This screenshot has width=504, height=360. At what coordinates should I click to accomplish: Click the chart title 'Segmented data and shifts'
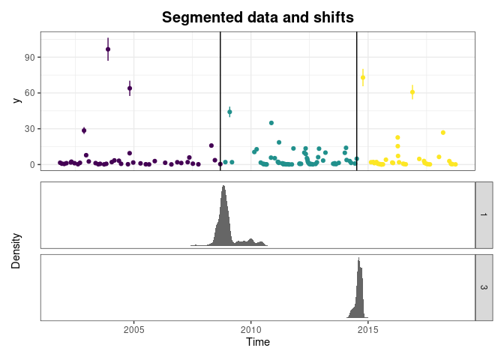258,17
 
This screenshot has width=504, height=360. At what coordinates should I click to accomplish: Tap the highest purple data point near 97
108,49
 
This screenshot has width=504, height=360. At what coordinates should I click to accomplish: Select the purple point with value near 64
130,88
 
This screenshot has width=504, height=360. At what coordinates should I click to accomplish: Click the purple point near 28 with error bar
84,130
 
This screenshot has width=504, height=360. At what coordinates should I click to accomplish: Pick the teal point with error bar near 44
229,112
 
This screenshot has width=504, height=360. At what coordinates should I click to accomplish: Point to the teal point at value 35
271,123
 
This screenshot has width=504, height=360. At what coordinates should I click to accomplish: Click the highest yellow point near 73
363,77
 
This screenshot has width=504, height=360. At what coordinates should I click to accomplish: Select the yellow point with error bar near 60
412,92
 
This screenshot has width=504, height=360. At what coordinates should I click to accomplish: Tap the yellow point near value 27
443,133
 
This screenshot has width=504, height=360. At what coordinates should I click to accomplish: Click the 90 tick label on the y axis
29,57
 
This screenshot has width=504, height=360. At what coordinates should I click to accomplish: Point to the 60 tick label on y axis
29,93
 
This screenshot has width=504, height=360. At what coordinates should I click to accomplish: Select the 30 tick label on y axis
29,128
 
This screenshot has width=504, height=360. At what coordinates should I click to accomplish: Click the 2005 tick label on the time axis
133,329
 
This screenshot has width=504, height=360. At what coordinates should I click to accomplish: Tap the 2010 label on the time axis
251,329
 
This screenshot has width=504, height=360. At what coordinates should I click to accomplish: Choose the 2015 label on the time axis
368,329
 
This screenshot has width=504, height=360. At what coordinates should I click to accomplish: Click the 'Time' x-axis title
258,342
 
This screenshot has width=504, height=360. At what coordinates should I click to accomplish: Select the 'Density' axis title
16,251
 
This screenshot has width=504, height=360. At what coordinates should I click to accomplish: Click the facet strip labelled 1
484,215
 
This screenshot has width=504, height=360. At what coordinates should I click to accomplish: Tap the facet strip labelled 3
484,287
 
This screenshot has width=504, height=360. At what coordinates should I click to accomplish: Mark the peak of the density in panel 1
223,185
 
